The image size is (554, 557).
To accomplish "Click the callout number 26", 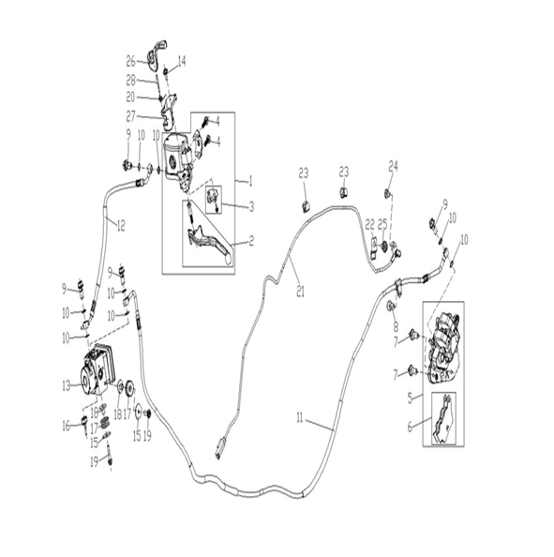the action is click(x=130, y=62).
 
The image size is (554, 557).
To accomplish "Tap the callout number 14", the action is click(x=182, y=62).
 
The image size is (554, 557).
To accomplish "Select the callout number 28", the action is click(x=130, y=81).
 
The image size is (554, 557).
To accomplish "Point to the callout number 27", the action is click(x=130, y=116).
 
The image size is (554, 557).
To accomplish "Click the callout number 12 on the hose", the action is click(x=121, y=226).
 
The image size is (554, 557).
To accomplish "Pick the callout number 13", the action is click(x=67, y=385).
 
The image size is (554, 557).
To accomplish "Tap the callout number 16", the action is click(x=67, y=426).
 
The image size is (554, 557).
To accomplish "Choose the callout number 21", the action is click(x=301, y=292).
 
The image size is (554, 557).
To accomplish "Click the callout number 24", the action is click(x=393, y=167).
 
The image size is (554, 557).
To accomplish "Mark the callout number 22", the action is click(x=370, y=224).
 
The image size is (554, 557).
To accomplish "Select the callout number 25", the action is click(x=382, y=224).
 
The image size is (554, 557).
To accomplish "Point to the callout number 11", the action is click(x=300, y=418).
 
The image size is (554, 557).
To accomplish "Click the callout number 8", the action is click(x=396, y=326).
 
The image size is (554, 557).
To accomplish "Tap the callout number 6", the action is click(x=411, y=427).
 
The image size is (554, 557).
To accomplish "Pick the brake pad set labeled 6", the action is click(x=442, y=418).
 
